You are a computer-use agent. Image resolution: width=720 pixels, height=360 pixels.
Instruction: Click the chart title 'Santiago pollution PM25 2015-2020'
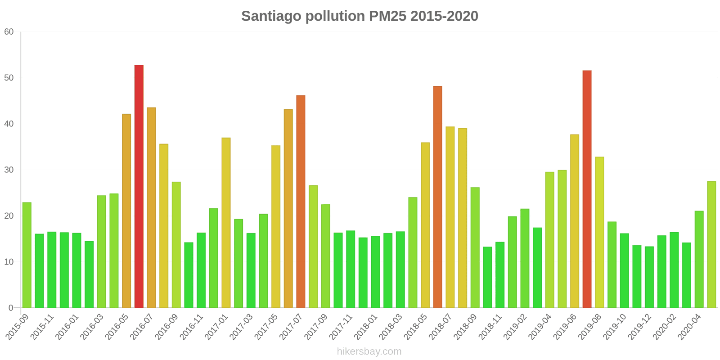coord(360,16)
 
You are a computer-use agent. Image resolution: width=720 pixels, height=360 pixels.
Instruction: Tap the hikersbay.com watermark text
coord(369,351)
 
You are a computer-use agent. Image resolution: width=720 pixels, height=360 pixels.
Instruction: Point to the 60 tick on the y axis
coord(9,31)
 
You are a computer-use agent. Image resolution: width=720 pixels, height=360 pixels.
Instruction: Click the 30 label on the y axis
coord(9,170)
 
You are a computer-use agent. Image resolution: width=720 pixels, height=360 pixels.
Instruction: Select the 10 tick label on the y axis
coord(9,261)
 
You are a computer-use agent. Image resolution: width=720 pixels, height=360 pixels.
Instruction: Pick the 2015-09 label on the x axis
coord(18,327)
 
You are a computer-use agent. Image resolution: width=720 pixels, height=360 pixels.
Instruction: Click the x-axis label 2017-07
coord(291,327)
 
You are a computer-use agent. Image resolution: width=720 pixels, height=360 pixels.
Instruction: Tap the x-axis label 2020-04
coord(689,327)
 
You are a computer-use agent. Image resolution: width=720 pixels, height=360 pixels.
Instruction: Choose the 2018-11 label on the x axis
coord(490,327)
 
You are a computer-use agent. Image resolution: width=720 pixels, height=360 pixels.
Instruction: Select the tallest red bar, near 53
coord(139,186)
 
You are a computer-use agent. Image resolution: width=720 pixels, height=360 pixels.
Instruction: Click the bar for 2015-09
coord(27,255)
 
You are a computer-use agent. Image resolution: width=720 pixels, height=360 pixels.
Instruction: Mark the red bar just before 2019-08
coord(587,189)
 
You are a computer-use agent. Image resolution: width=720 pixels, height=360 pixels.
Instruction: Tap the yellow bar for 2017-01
coord(226,223)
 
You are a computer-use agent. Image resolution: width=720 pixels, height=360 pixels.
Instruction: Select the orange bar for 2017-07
coord(301,202)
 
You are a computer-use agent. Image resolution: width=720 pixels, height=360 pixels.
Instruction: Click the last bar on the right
coord(711,244)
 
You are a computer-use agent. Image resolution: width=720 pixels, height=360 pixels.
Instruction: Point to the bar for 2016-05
coord(126,211)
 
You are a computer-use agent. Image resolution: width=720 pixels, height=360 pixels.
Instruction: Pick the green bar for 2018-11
coord(500,275)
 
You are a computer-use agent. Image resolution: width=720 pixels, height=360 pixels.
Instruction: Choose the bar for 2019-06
coord(575,221)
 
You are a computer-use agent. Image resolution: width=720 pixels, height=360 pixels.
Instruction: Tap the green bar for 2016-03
coord(102,252)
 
